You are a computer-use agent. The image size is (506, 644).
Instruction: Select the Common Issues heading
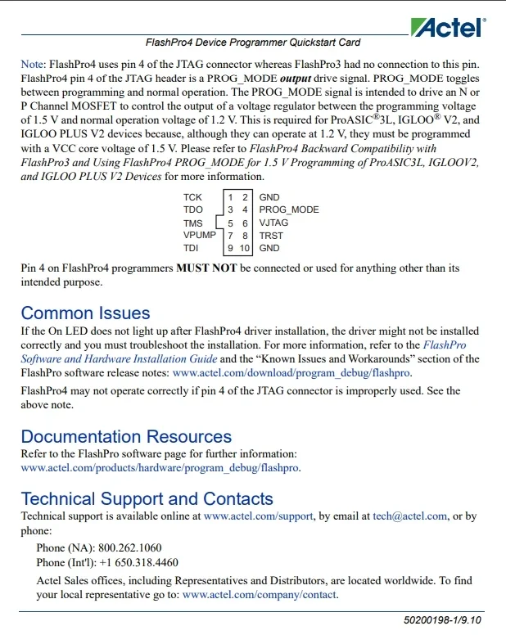[85, 313]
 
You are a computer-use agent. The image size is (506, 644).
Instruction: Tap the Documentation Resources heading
[126, 437]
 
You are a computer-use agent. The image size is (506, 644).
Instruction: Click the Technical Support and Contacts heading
[147, 499]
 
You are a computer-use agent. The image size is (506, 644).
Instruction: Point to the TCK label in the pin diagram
[193, 197]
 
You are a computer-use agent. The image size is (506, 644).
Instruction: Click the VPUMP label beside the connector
[200, 235]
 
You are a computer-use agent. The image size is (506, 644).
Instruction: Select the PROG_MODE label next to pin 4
[289, 209]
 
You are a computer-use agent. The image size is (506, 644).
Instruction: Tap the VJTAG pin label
[273, 223]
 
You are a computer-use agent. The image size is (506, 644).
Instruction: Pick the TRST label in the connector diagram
[271, 235]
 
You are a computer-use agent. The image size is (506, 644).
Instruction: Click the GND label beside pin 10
[269, 248]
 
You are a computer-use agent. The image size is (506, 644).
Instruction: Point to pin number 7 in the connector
[230, 236]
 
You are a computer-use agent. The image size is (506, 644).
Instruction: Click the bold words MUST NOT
[206, 268]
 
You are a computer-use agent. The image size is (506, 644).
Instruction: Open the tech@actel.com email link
[410, 516]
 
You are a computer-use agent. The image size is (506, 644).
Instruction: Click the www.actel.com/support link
[258, 516]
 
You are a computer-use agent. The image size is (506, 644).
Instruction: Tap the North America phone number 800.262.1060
[130, 547]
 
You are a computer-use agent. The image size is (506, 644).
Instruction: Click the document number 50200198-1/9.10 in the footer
[443, 620]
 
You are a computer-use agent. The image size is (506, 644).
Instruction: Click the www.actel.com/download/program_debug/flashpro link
[292, 373]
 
